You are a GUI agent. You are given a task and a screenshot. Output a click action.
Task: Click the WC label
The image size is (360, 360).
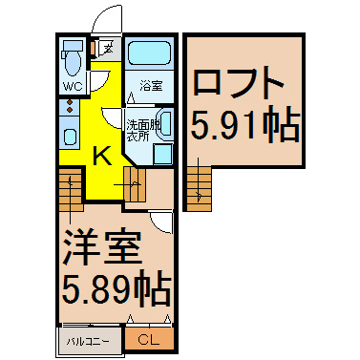tap(73, 86)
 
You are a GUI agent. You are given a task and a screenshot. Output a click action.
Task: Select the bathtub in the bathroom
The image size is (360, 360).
tap(149, 53)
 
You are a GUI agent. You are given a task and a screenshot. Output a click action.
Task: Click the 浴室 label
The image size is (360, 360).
tap(151, 86)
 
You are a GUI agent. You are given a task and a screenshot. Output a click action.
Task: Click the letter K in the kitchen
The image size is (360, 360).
tap(102, 156)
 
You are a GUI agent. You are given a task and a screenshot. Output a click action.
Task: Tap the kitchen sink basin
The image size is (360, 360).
tap(70, 137)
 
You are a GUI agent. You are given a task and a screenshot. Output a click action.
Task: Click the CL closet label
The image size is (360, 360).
tap(148, 341)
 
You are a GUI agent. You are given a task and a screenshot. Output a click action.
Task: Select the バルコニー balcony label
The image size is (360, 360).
tap(88, 342)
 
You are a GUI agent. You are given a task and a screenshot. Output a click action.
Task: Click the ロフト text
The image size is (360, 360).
tap(239, 82)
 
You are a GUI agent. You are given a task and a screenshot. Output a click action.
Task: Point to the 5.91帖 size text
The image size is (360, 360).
tap(245, 126)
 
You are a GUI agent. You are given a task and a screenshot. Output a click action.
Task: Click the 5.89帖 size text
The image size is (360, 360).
tap(116, 287)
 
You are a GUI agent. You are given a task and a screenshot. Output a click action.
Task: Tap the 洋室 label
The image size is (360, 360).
tap(101, 248)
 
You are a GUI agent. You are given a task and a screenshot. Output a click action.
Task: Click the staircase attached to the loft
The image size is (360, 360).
tap(199, 188)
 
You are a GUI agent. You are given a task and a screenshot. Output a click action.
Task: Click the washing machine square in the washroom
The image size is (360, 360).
tap(162, 154)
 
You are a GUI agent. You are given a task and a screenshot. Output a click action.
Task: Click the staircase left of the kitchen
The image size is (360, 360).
tap(71, 190)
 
